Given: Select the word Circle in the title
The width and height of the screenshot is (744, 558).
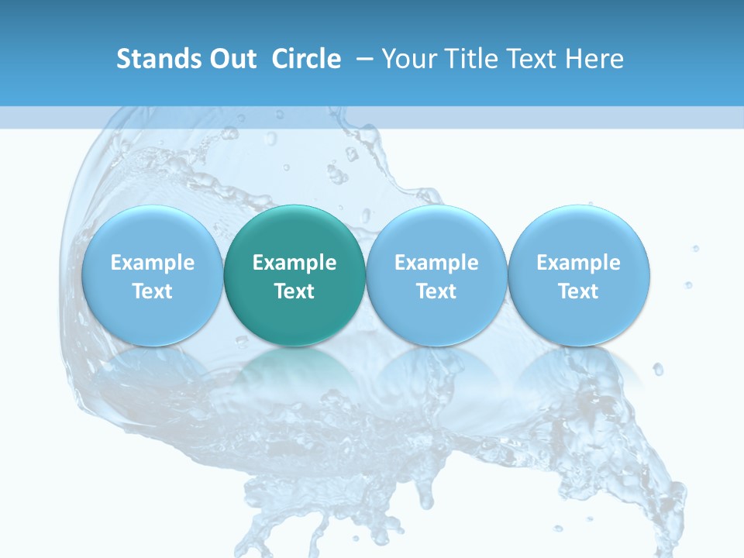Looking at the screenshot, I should coord(306,59).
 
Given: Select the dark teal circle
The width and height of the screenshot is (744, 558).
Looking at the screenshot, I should coord(294,275).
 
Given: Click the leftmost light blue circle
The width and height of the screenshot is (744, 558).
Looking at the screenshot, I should coord(152,275).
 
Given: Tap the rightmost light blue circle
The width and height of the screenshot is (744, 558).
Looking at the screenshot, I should coord(579,275).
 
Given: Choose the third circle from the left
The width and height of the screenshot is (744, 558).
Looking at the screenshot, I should coord(436,275).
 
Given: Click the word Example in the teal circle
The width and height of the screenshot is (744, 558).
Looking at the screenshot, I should coord(294,263).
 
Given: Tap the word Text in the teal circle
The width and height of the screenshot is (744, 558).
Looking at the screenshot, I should coord(294,291).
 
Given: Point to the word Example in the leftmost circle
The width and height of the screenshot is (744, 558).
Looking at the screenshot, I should coord(152,263).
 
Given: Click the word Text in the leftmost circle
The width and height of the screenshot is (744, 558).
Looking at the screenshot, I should coord(152,291).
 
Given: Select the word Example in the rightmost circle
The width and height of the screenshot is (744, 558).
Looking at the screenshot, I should coord(579,263).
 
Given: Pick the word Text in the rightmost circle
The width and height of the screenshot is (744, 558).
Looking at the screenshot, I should coord(579,291).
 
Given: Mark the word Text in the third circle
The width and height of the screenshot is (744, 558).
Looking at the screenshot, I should coord(436,291).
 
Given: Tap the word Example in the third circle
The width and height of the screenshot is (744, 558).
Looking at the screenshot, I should coord(436,263).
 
